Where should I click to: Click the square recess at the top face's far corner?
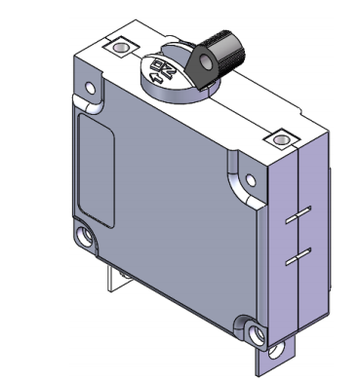click(120, 46)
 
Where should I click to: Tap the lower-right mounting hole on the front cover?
click(255, 332)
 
